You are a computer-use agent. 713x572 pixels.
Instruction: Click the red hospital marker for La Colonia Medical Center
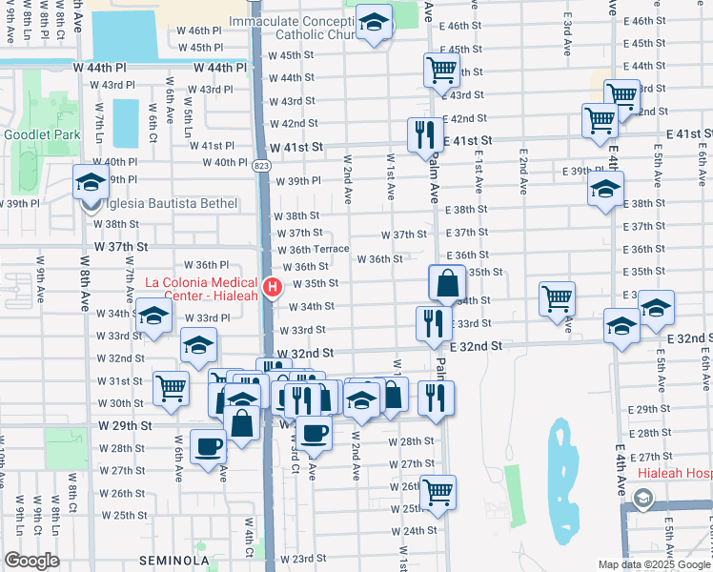[x=274, y=287]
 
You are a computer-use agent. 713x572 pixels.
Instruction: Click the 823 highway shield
[x=261, y=165]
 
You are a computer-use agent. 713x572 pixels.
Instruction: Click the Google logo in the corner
[x=32, y=561]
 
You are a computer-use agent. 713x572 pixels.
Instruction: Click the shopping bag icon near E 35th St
[x=447, y=283]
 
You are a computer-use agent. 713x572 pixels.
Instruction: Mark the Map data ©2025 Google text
[x=654, y=564]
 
